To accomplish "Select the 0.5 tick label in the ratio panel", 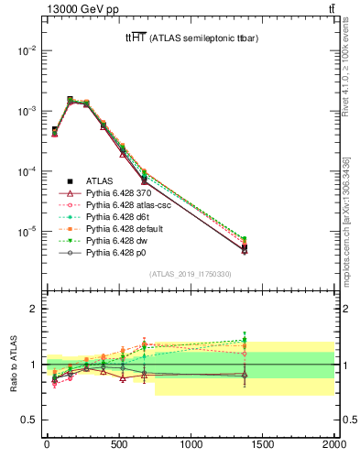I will click(26, 420).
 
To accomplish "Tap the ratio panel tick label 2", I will click(31, 309).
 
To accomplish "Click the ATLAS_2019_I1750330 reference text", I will click(191, 274).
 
